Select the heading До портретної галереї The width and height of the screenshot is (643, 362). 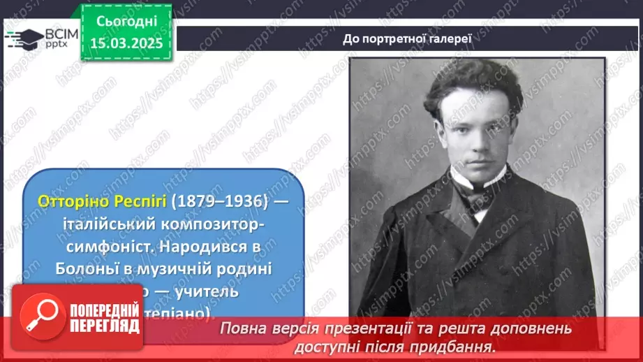coord(408,38)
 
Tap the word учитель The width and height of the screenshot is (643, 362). coord(205,291)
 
